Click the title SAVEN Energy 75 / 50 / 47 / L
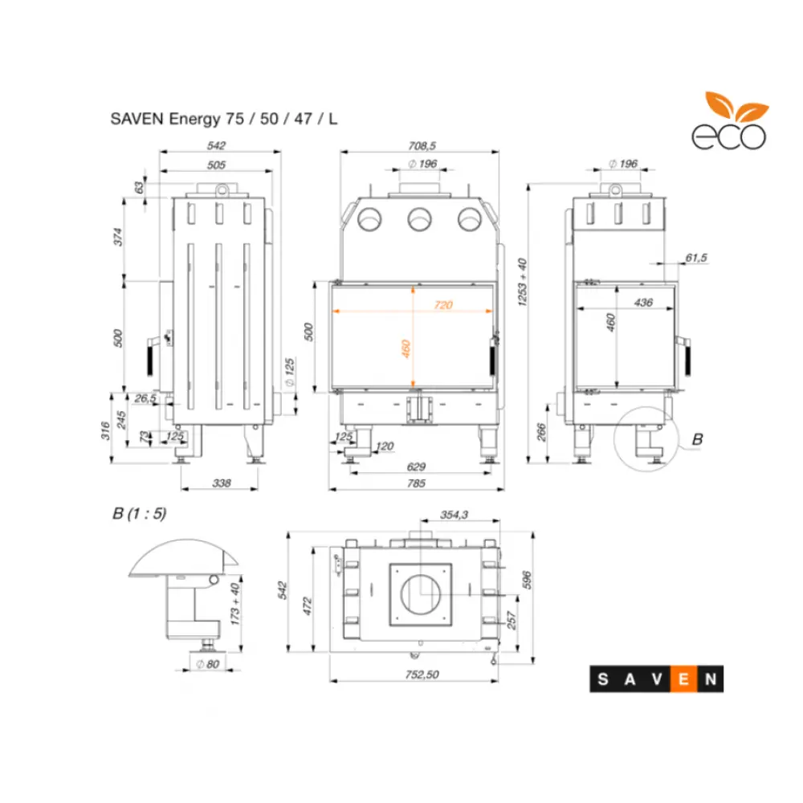click(224, 119)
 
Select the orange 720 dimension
click(443, 304)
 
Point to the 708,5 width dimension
click(421, 145)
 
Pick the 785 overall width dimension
click(416, 483)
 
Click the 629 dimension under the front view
click(416, 467)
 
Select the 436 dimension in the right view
click(643, 303)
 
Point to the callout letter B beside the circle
click(697, 439)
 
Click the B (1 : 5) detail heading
click(139, 514)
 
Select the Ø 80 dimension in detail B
click(208, 664)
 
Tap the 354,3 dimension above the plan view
click(455, 516)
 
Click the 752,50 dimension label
click(422, 675)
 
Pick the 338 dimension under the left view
click(221, 483)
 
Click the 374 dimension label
click(116, 237)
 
